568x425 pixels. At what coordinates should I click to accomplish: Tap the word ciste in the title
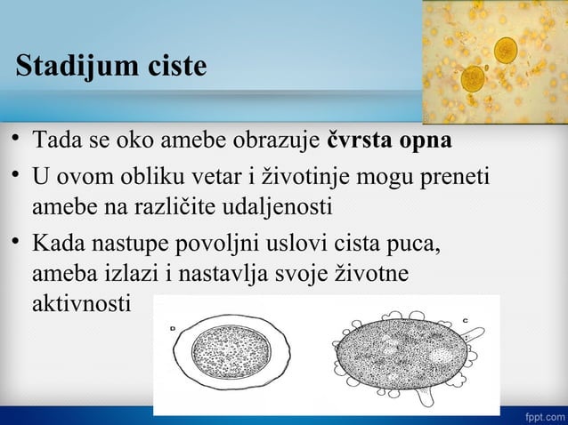(x=174, y=67)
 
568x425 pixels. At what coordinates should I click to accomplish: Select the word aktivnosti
(x=81, y=303)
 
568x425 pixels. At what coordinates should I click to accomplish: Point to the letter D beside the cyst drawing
(x=172, y=328)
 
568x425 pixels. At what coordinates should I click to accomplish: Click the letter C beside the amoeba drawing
(x=465, y=319)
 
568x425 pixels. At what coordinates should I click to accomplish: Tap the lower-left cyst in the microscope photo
(x=473, y=78)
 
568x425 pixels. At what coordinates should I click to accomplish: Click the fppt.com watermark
(x=543, y=415)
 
